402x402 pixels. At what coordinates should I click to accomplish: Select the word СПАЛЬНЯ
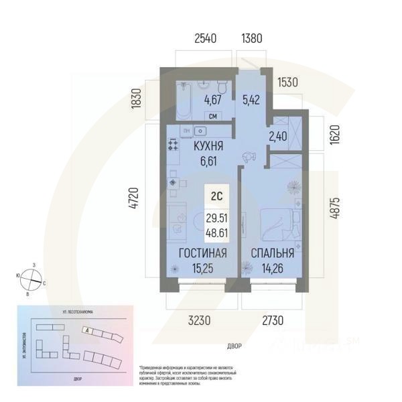pyautogui.click(x=272, y=253)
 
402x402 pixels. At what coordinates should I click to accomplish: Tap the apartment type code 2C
pyautogui.click(x=215, y=197)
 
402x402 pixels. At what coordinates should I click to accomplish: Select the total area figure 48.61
pyautogui.click(x=216, y=232)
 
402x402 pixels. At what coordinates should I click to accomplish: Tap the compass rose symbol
pyautogui.click(x=31, y=277)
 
